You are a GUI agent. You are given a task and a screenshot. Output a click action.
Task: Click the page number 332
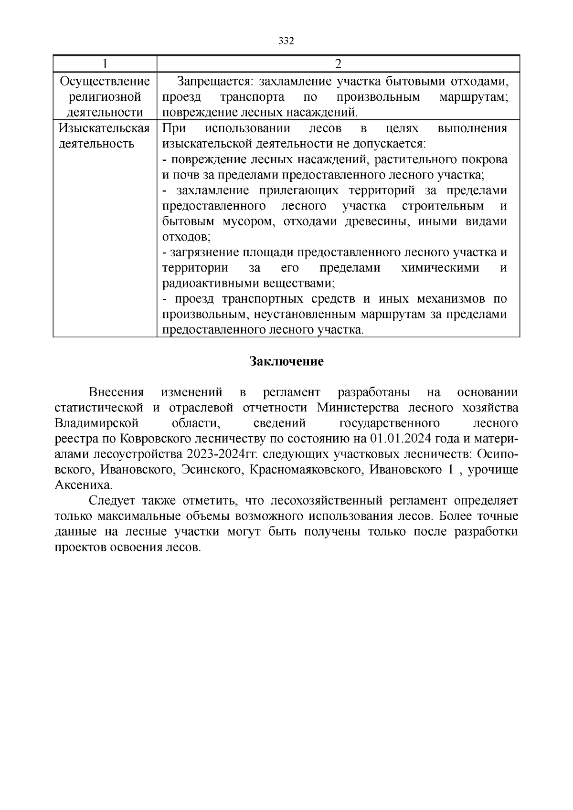286,41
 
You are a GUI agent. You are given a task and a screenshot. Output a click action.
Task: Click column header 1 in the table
105,64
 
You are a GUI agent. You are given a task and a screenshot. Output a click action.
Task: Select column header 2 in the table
338,64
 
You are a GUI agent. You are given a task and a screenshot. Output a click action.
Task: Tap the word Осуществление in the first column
105,82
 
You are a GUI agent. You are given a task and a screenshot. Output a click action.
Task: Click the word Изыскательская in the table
105,128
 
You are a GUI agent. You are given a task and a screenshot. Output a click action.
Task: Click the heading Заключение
286,361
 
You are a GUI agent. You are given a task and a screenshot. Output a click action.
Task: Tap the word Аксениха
84,485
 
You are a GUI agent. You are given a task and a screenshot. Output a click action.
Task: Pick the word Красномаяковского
308,470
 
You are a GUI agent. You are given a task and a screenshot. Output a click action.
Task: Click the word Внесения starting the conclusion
116,392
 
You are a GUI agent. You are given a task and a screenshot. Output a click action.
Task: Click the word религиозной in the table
105,97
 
